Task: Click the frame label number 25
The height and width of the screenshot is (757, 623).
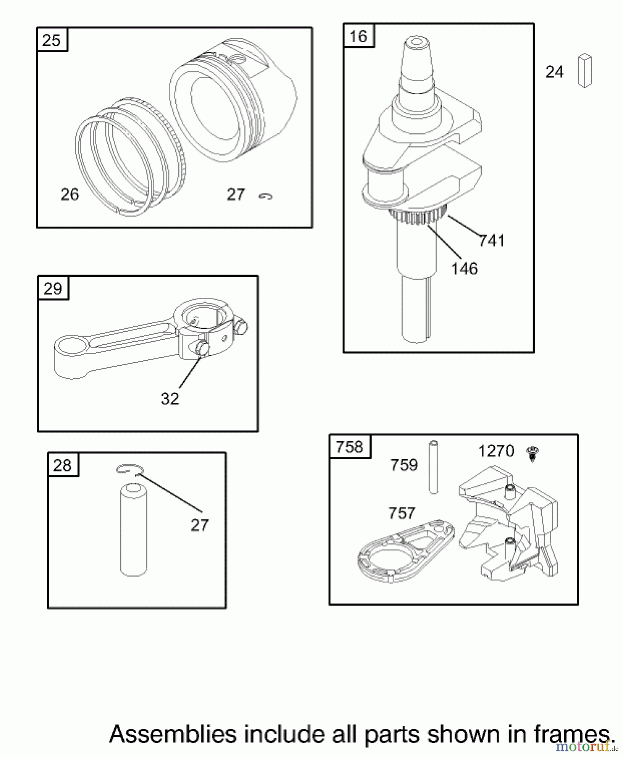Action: point(52,40)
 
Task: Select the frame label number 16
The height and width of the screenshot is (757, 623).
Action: point(359,36)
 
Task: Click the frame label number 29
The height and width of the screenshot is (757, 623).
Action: point(53,289)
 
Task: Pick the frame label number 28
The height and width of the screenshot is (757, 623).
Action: point(63,466)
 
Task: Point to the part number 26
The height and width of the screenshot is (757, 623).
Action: point(70,194)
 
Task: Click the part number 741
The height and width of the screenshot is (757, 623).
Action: point(491,241)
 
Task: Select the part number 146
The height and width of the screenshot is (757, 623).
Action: point(464,268)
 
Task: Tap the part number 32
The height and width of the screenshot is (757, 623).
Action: point(170,399)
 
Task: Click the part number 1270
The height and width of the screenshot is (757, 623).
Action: point(496,451)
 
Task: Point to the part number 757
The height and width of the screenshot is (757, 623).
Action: point(401,513)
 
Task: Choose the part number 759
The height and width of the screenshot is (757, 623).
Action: point(404,465)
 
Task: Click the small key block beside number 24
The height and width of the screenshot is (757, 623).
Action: point(585,70)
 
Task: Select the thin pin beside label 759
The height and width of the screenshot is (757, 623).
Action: point(433,467)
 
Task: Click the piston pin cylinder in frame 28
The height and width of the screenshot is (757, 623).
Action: point(134,530)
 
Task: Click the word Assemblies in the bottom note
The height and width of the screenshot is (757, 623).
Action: point(173,734)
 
